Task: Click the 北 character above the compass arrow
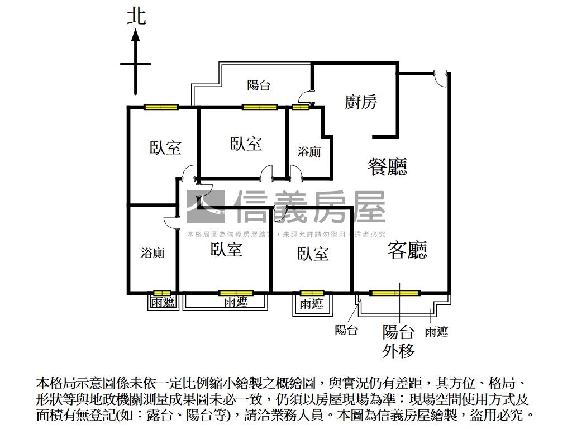(x=136, y=15)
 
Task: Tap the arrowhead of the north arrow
(x=135, y=35)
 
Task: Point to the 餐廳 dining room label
(x=387, y=166)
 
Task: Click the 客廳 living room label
(x=407, y=250)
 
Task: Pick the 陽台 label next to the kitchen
(x=259, y=85)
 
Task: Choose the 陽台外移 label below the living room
(x=398, y=341)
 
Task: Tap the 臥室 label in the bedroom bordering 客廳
(x=313, y=254)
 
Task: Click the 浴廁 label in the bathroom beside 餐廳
(x=309, y=151)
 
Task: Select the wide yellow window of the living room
(x=395, y=292)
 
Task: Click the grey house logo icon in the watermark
(x=206, y=207)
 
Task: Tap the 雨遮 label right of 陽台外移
(x=436, y=332)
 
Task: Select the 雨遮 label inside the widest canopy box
(x=236, y=302)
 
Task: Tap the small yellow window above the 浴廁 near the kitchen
(x=300, y=107)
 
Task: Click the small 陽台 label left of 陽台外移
(x=346, y=330)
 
